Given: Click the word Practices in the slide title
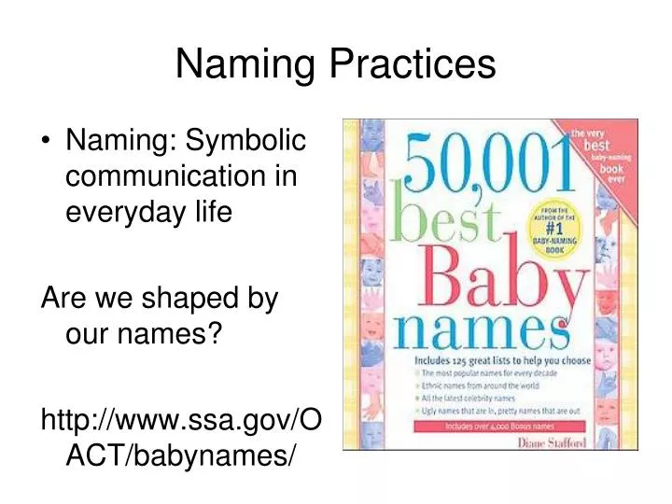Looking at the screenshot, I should [414, 64].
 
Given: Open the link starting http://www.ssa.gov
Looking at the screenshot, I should [182, 421].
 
